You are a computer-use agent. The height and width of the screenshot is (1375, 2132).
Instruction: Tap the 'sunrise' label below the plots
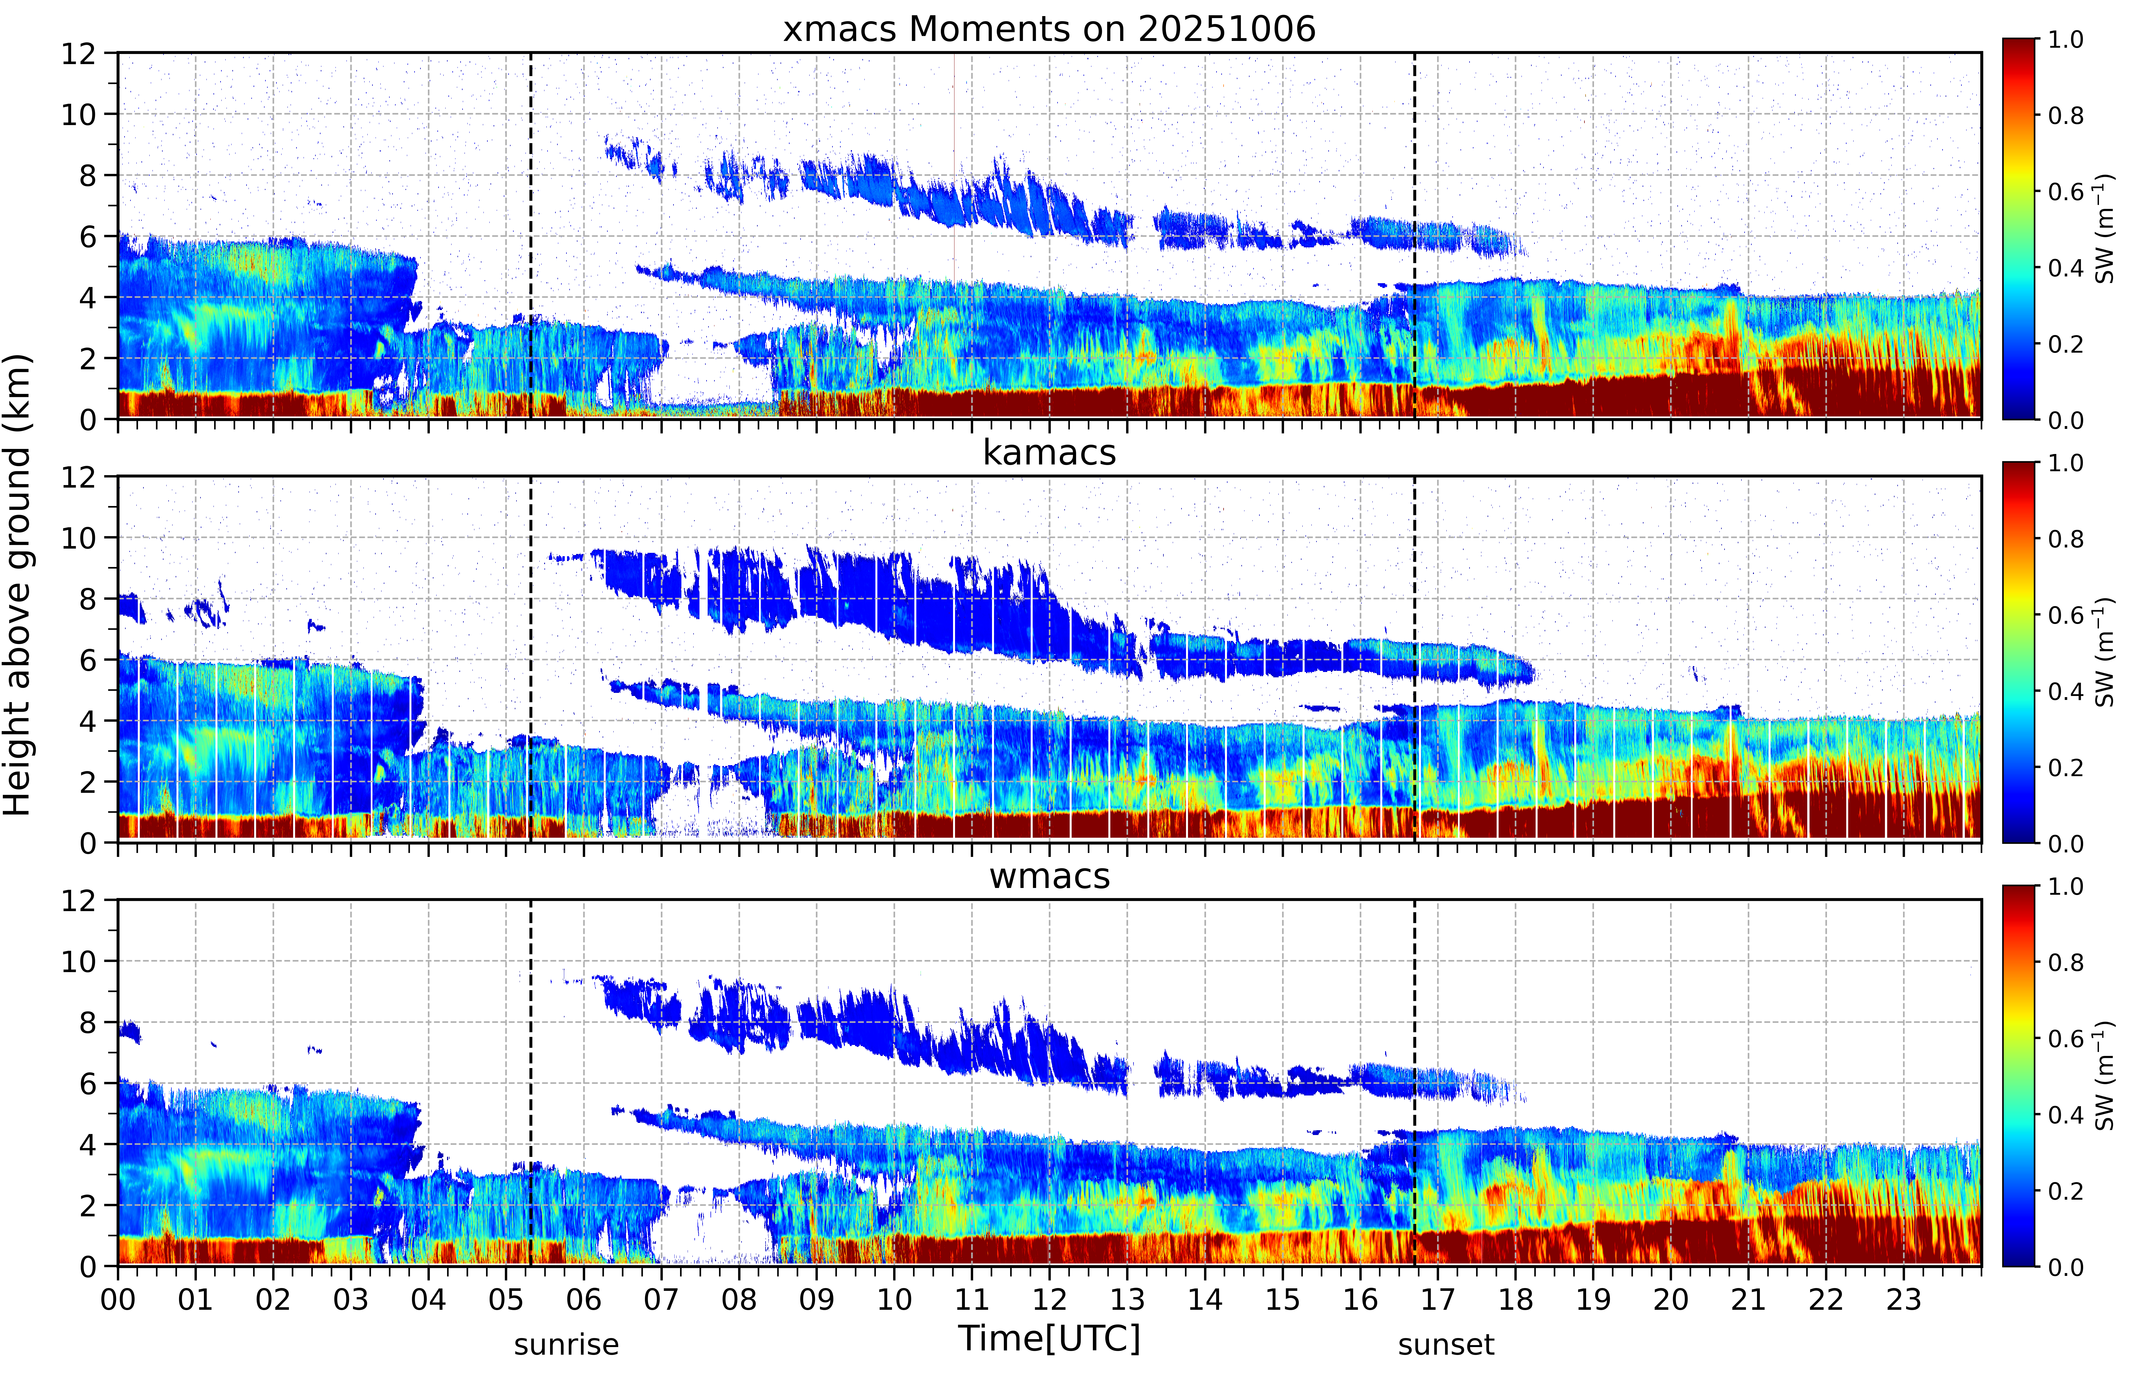(x=566, y=1345)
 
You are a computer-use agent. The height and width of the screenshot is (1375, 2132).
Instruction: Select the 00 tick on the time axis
(x=118, y=1299)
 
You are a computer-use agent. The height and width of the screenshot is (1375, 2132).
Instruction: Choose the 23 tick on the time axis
(x=1904, y=1299)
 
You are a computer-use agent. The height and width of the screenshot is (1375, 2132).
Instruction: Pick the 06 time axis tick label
(x=584, y=1299)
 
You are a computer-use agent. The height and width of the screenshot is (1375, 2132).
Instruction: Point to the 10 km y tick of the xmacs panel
(x=79, y=114)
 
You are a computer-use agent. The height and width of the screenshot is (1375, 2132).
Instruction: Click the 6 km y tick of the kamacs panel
(x=88, y=660)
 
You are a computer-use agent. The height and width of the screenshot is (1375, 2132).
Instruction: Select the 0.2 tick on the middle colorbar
(x=2065, y=767)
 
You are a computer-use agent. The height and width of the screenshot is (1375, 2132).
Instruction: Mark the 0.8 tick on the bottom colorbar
(x=2065, y=962)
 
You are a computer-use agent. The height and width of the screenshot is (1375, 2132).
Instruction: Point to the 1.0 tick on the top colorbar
(x=2065, y=39)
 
